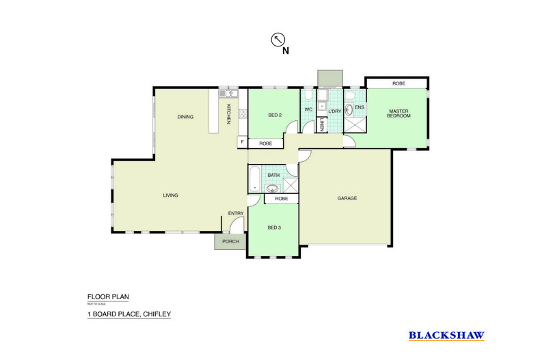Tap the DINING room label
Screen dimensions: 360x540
pyautogui.click(x=185, y=117)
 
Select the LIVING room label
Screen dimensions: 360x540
pyautogui.click(x=170, y=195)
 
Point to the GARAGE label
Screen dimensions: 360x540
pyautogui.click(x=347, y=198)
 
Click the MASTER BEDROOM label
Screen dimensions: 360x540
pyautogui.click(x=399, y=113)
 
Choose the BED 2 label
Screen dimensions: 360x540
pyautogui.click(x=275, y=115)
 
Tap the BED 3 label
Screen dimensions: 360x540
pyautogui.click(x=274, y=227)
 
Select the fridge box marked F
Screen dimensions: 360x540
pyautogui.click(x=242, y=142)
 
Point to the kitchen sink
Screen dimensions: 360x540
pyautogui.click(x=228, y=94)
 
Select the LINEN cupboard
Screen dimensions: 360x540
pyautogui.click(x=322, y=125)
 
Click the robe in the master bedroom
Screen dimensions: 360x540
pyautogui.click(x=399, y=83)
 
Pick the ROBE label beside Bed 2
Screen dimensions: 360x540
pyautogui.click(x=266, y=143)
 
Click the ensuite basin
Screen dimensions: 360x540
pyautogui.click(x=350, y=109)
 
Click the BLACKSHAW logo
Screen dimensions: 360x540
pyautogui.click(x=446, y=335)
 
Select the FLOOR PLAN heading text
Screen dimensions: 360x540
pyautogui.click(x=108, y=296)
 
